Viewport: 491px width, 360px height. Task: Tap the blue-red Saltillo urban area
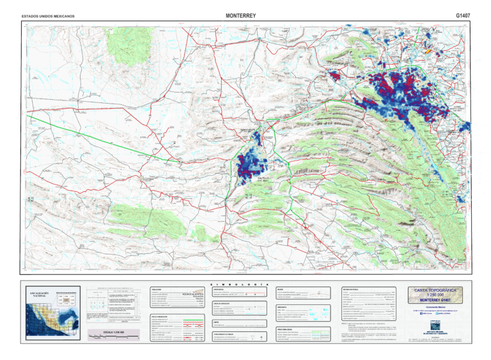250,166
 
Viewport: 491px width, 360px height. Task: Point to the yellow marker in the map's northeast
427,50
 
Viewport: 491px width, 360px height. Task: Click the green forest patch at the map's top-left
125,40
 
